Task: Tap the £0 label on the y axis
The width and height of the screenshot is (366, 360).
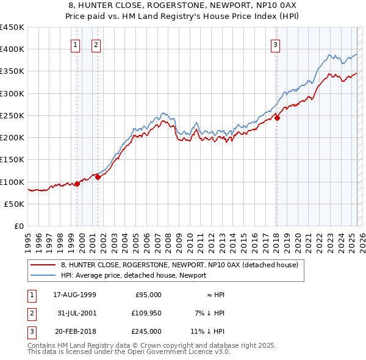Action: (18, 226)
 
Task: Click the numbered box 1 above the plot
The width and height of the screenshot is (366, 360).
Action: (75, 44)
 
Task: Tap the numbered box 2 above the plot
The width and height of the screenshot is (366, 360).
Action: (96, 44)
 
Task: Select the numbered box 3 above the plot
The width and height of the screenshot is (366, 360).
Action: (275, 44)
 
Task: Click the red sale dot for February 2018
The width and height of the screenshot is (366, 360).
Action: (277, 118)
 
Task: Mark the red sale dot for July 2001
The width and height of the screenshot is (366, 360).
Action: (98, 178)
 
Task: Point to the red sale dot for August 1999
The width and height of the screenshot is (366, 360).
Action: (77, 184)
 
